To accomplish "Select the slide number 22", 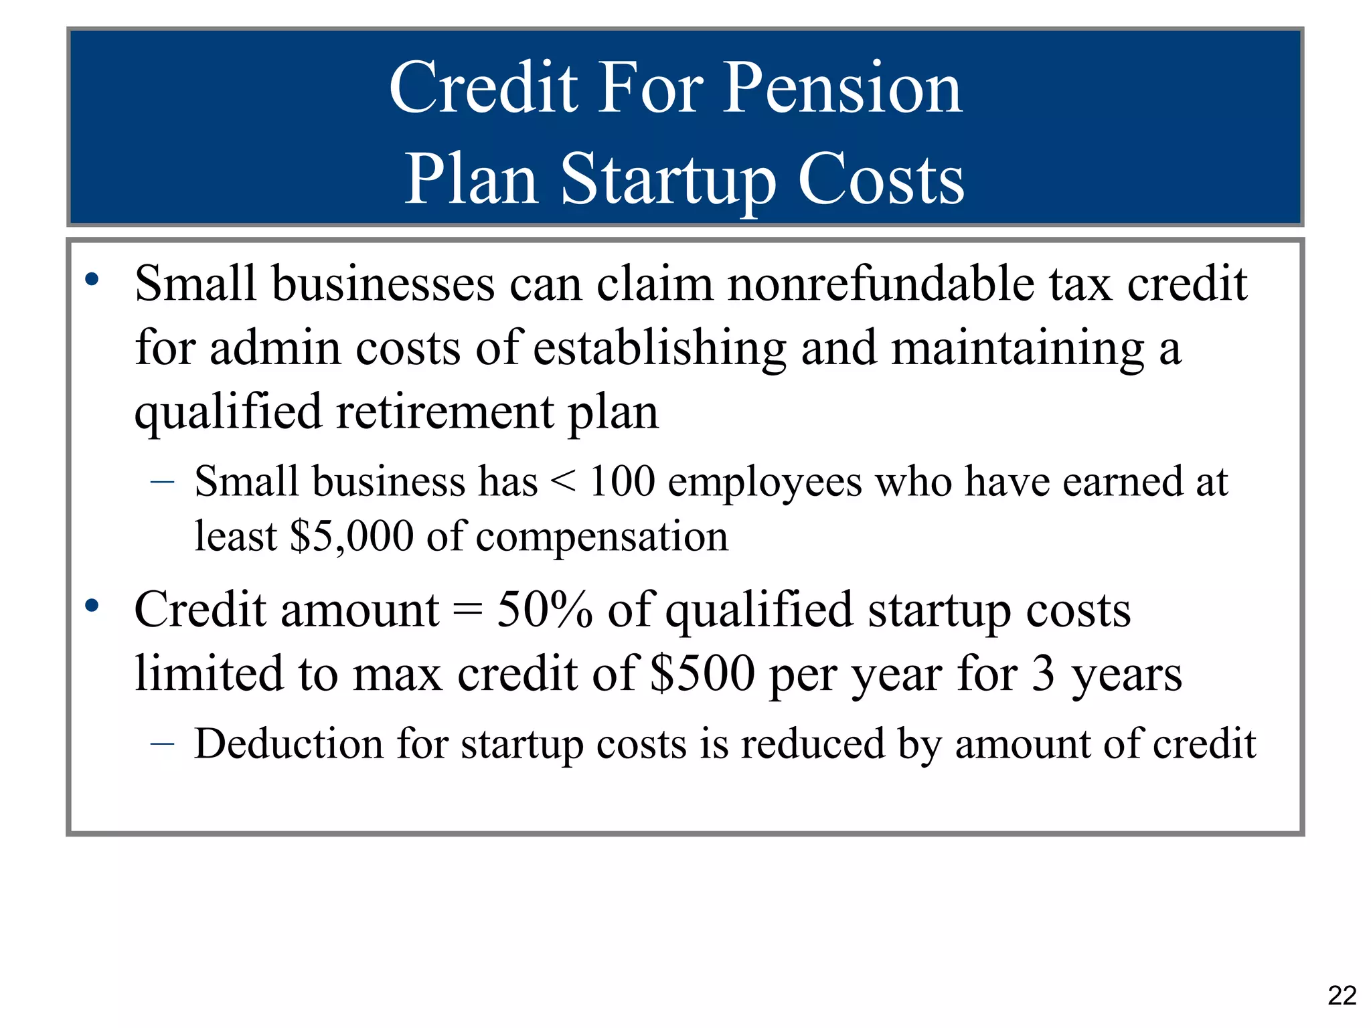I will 1342,995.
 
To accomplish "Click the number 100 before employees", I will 622,481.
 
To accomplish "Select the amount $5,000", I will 351,536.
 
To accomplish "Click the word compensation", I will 601,537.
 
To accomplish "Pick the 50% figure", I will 544,610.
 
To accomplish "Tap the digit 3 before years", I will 1042,673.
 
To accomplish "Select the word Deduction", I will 289,744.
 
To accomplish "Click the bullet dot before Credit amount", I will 92,606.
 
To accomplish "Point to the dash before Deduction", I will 163,744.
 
